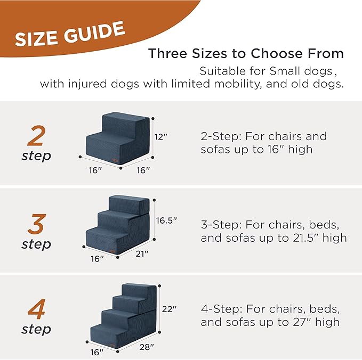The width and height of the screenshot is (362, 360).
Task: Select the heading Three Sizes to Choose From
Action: click(246, 54)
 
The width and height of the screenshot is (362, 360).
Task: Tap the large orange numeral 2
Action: click(36, 137)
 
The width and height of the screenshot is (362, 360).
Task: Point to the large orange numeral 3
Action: click(36, 225)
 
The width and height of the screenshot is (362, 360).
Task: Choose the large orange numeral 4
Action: click(36, 309)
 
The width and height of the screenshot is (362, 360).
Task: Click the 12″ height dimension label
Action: click(162, 136)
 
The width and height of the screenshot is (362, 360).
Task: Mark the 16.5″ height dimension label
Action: click(166, 220)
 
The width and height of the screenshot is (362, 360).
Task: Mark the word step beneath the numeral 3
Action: click(36, 244)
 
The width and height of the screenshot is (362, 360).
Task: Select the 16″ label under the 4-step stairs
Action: click(96, 352)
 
